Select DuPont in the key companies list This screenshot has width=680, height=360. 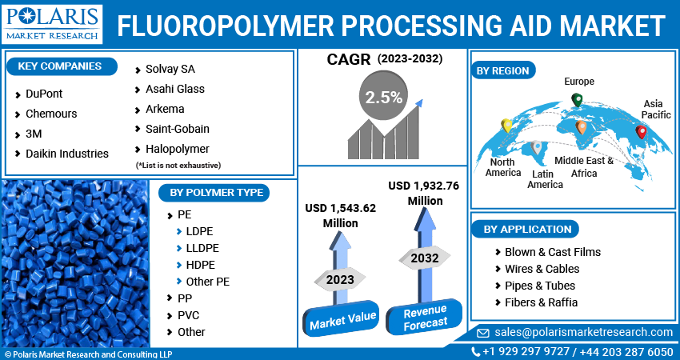pyautogui.click(x=44, y=94)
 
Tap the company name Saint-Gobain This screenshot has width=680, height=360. pyautogui.click(x=177, y=129)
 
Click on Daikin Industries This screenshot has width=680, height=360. pyautogui.click(x=66, y=154)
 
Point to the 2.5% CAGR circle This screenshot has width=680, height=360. pyautogui.click(x=383, y=98)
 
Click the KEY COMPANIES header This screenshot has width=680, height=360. pyautogui.click(x=59, y=66)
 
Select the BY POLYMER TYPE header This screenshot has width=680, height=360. pyautogui.click(x=214, y=192)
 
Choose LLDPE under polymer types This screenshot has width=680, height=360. pyautogui.click(x=202, y=248)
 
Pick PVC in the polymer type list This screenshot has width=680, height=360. pyautogui.click(x=189, y=315)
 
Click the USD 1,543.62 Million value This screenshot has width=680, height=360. pyautogui.click(x=340, y=215)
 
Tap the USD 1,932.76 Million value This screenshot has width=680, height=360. pyautogui.click(x=424, y=193)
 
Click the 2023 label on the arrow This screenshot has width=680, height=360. pyautogui.click(x=340, y=279)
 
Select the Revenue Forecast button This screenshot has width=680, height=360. pyautogui.click(x=424, y=317)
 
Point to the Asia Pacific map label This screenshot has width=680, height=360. pyautogui.click(x=656, y=109)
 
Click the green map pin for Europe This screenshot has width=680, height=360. pyautogui.click(x=576, y=100)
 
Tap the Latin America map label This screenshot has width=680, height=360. pyautogui.click(x=545, y=178)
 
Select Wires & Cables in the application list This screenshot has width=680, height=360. pyautogui.click(x=542, y=269)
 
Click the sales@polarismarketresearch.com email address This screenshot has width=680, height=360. pyautogui.click(x=584, y=332)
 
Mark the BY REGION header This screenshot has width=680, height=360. pyautogui.click(x=502, y=70)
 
